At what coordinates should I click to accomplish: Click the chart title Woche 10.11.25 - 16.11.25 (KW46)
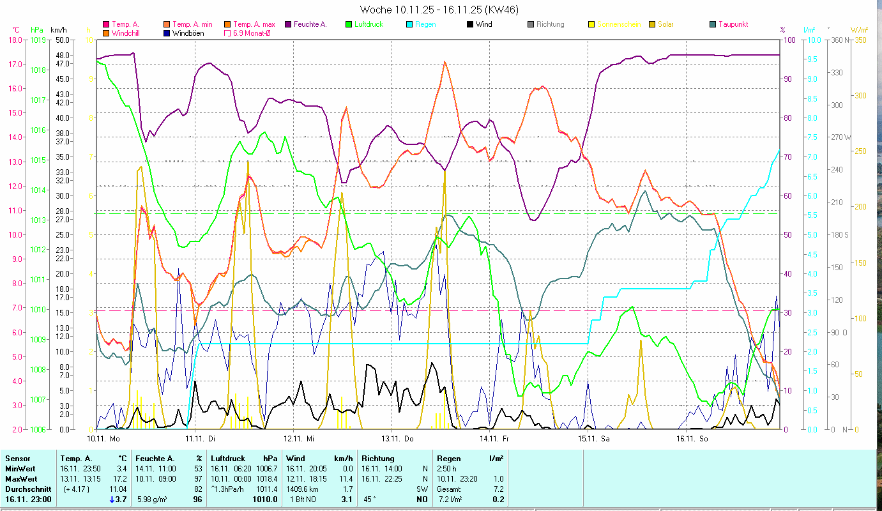click(x=439, y=10)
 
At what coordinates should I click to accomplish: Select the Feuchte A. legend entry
click(x=310, y=24)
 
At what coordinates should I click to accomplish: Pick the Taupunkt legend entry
click(x=733, y=24)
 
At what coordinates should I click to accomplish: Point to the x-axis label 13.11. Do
click(x=398, y=439)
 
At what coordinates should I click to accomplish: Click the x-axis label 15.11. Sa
click(x=594, y=439)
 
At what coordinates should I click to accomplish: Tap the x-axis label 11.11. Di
click(x=201, y=439)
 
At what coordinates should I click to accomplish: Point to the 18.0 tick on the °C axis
click(x=14, y=40)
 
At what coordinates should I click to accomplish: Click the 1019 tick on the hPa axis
click(x=38, y=40)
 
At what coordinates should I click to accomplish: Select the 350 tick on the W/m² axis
click(x=859, y=40)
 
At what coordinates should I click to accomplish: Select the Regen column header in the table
click(x=448, y=458)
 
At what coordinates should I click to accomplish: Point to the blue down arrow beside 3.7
click(x=112, y=499)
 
